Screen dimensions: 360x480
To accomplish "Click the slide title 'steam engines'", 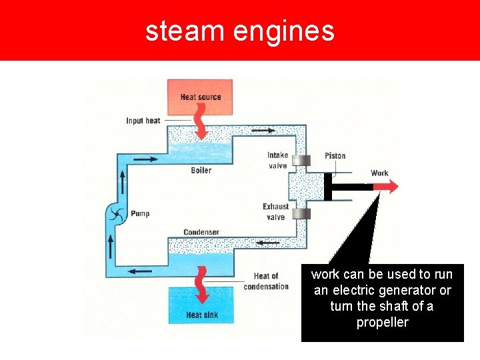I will [x=239, y=31].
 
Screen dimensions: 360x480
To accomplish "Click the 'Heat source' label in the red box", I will [x=200, y=97].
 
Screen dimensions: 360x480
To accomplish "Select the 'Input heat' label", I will [x=143, y=121].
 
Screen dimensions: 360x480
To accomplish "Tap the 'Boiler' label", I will [x=201, y=170].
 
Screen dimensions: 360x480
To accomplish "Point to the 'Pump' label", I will [x=140, y=214].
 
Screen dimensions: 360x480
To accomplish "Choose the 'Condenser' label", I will [x=201, y=232].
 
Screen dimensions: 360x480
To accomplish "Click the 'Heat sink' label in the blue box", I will [x=201, y=315].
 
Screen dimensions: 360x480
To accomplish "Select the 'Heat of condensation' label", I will [x=266, y=281].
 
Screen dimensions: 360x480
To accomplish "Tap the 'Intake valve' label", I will [x=277, y=161].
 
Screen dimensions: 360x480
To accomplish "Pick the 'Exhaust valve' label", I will [x=275, y=212].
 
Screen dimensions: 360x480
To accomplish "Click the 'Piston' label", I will [x=335, y=156].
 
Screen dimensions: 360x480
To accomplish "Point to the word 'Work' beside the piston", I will [x=379, y=173].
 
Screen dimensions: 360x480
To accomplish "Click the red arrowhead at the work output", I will [x=391, y=187].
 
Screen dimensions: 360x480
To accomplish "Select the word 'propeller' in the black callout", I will [x=382, y=323].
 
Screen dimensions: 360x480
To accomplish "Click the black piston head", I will [x=327, y=187].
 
